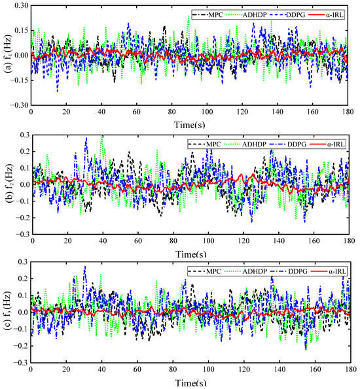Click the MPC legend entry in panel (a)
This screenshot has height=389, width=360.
click(207, 15)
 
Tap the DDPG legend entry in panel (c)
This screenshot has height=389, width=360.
click(289, 271)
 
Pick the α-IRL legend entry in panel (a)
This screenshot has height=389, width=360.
click(326, 15)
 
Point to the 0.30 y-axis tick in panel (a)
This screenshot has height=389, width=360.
click(22, 5)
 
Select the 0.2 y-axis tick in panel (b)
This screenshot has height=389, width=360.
click(25, 151)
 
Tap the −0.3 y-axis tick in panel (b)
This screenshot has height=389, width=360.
click(23, 234)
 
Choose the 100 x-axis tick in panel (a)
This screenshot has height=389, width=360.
click(207, 112)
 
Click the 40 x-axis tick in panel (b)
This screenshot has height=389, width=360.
click(103, 241)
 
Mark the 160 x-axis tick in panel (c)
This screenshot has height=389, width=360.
click(315, 369)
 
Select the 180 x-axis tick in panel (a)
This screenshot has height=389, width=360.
click(348, 112)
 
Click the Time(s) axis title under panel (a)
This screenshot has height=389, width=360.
click(190, 125)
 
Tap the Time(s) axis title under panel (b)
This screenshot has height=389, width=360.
click(191, 254)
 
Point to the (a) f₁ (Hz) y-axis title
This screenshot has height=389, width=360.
click(8, 54)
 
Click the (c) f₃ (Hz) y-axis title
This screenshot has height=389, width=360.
click(8, 311)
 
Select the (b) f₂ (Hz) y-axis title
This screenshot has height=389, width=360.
click(9, 184)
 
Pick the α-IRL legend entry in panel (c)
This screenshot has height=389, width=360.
click(328, 271)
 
